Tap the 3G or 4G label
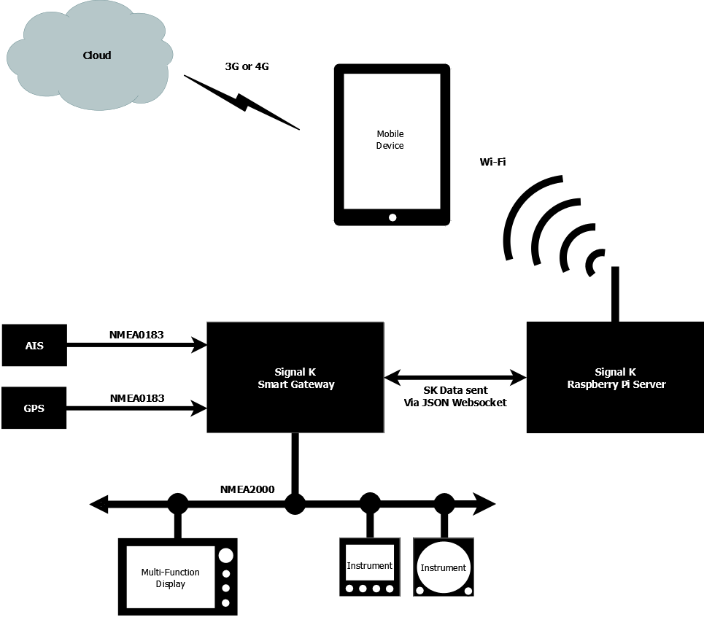(247, 66)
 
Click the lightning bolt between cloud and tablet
(242, 102)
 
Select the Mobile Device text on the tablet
(390, 139)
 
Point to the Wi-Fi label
(492, 162)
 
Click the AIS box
(34, 346)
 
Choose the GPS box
(34, 408)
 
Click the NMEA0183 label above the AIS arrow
(136, 335)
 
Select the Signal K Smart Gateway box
(295, 378)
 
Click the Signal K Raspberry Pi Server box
(615, 378)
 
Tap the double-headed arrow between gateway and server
(455, 378)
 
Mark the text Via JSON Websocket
(454, 403)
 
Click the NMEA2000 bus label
(247, 489)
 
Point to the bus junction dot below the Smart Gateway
(295, 503)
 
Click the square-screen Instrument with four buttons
(370, 567)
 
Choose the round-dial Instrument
(444, 567)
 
